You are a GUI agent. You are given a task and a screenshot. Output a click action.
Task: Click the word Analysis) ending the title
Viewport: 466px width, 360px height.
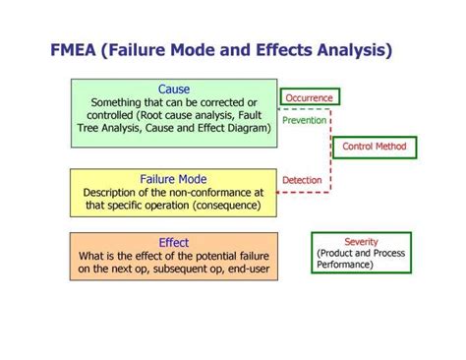[352, 49]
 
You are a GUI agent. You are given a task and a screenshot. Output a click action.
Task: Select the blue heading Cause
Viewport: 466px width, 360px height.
[174, 90]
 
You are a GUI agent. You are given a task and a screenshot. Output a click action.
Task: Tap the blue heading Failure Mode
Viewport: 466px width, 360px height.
[173, 179]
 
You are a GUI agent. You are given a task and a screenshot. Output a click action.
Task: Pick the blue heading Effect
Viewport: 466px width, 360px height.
[173, 243]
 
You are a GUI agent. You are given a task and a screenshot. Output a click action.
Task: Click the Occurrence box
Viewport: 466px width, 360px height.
[309, 97]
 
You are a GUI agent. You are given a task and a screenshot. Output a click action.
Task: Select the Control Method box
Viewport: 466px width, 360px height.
[374, 147]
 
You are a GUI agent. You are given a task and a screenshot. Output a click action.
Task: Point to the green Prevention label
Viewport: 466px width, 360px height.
[305, 120]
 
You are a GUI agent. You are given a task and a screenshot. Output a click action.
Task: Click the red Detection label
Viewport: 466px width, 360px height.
[302, 181]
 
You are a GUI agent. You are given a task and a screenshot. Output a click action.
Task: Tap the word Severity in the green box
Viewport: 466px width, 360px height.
[361, 242]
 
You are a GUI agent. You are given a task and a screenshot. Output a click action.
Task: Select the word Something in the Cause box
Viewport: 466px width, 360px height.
[118, 102]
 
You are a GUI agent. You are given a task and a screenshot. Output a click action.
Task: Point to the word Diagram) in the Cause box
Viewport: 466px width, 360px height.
[245, 128]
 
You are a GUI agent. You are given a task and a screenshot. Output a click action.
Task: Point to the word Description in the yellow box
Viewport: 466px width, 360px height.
[112, 193]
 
